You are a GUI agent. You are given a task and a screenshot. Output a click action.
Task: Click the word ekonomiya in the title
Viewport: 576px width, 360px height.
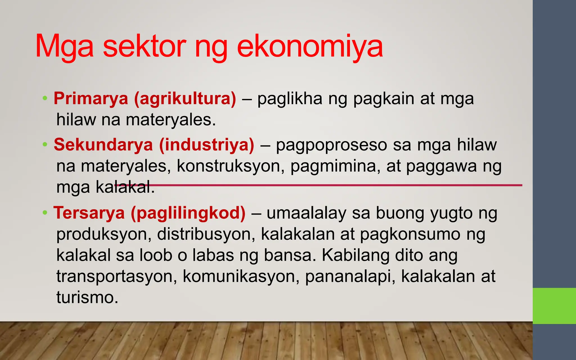pos(310,46)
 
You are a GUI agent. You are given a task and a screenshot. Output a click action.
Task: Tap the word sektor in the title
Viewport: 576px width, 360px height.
pos(144,46)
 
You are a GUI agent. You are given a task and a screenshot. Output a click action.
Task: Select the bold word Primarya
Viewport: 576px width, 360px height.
pos(91,99)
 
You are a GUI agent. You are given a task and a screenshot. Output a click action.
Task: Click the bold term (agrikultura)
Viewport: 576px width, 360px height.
pos(185,99)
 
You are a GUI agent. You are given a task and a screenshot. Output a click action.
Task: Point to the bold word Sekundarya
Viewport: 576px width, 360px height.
pos(103,145)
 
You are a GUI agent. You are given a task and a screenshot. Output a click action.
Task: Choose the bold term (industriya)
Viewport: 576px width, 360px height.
pos(206,145)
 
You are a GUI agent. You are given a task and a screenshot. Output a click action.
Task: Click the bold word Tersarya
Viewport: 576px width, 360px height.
pos(89,213)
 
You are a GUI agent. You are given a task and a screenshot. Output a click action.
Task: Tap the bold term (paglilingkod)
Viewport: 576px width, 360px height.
pos(188,213)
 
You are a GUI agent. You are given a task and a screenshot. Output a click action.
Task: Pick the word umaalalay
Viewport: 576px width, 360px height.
pos(306,213)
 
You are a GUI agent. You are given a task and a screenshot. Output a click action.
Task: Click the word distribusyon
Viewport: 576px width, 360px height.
pos(206,234)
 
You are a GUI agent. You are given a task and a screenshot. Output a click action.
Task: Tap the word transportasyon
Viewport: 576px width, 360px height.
pos(116,276)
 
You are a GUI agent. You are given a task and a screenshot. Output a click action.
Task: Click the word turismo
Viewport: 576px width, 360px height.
pos(87,297)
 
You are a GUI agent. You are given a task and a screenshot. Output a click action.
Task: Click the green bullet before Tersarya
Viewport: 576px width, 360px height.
pos(45,213)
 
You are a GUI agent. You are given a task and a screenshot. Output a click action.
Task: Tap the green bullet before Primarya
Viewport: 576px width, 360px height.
pos(45,98)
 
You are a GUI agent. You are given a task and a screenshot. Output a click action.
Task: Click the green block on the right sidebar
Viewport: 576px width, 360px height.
pos(554,306)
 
